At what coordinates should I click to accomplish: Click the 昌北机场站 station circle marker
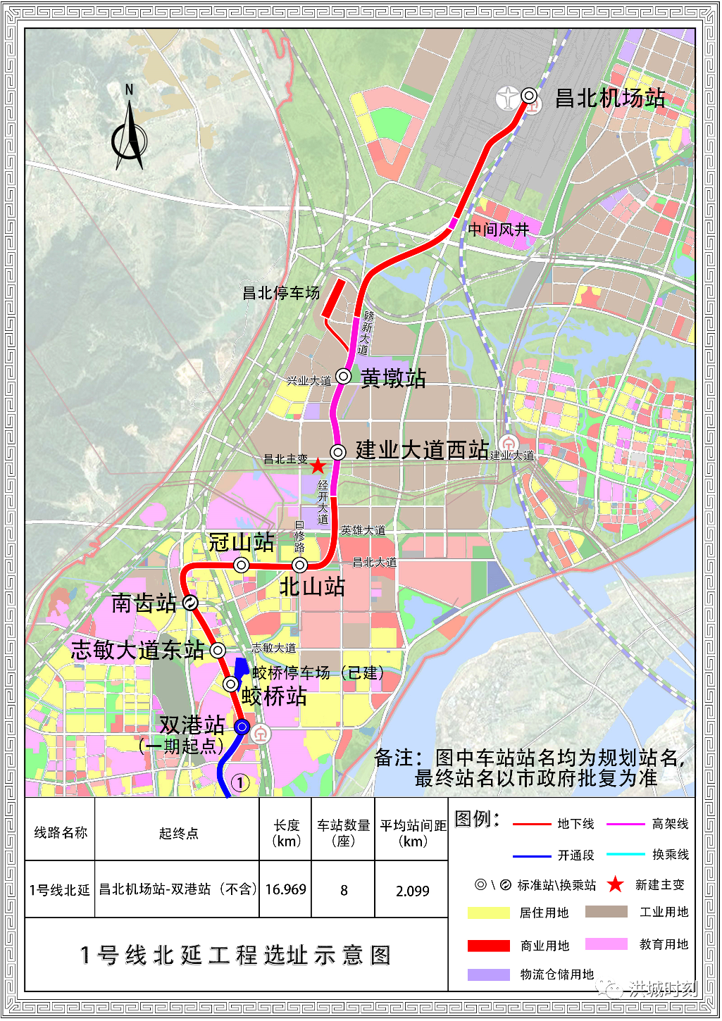(x=529, y=96)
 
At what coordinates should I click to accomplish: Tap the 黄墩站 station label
(x=393, y=378)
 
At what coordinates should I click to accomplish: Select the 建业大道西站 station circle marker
(x=338, y=452)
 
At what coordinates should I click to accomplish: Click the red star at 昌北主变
(x=318, y=465)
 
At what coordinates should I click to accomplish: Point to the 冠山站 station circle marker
(x=242, y=565)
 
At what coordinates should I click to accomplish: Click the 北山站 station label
(x=312, y=587)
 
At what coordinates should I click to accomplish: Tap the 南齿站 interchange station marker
(x=189, y=603)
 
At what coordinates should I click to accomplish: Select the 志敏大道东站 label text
(x=138, y=650)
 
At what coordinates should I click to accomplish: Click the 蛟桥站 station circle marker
(x=230, y=684)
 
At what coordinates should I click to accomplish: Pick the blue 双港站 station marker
(x=242, y=727)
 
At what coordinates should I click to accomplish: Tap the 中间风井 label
(x=498, y=230)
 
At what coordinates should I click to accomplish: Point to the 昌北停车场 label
(x=281, y=293)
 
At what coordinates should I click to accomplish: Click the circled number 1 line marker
(x=240, y=783)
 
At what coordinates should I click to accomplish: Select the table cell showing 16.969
(x=285, y=890)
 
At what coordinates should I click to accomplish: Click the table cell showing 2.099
(x=412, y=891)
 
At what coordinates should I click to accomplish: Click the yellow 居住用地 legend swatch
(x=488, y=913)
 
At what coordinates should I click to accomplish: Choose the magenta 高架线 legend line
(x=625, y=824)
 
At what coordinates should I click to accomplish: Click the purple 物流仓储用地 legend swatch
(x=488, y=975)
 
